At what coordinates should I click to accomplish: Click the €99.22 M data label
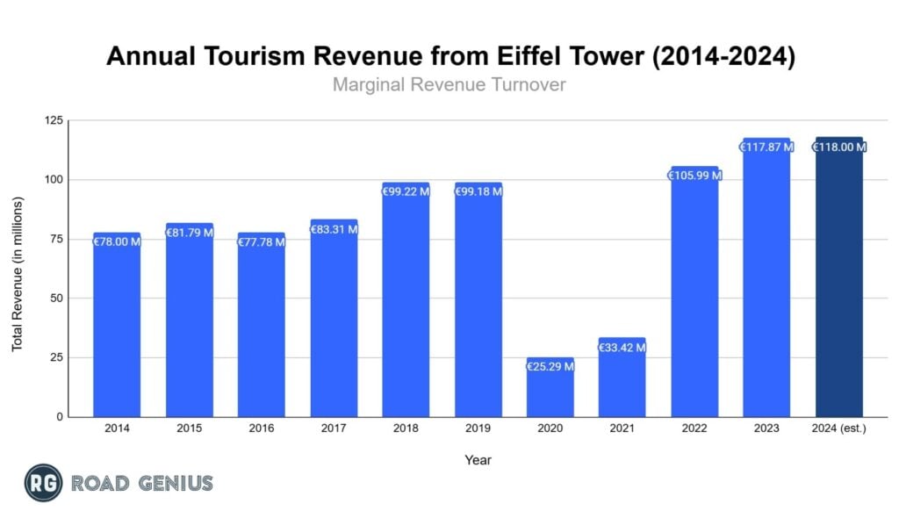[x=406, y=191]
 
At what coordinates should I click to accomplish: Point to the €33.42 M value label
[x=622, y=348]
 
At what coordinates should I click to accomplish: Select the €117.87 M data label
[x=766, y=148]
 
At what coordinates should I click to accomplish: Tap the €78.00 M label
[x=117, y=241]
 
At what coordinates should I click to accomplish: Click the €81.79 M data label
[x=189, y=233]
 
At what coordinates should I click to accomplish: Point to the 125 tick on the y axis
[x=54, y=120]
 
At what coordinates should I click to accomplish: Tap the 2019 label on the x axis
[x=478, y=429]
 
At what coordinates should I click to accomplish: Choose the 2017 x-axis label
[x=334, y=429]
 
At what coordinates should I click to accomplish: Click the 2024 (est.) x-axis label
[x=839, y=429]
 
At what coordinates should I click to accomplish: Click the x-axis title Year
[x=478, y=460]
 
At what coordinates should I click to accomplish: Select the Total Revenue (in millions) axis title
[x=18, y=274]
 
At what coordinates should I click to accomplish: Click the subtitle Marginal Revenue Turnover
[x=450, y=85]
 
